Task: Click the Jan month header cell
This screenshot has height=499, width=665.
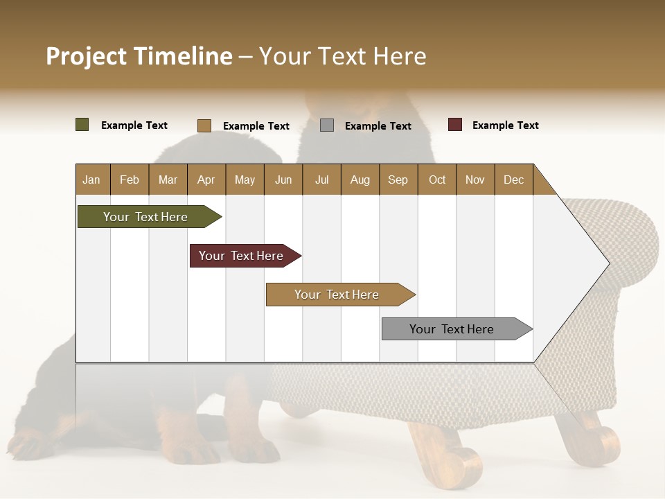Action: pos(92,180)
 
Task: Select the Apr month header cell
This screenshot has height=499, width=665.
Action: pos(206,180)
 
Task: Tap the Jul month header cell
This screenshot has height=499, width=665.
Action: pos(321,180)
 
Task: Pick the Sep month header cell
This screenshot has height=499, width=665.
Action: pos(398,180)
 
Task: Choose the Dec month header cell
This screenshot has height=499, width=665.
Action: pos(513,180)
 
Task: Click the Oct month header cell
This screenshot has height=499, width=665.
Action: pos(436,180)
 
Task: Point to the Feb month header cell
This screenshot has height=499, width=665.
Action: pos(130,180)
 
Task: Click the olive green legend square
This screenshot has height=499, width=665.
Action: pos(82,125)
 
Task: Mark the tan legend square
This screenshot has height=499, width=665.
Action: pos(204,125)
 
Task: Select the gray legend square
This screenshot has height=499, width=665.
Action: pos(327,125)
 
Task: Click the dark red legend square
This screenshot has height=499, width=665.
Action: pos(455,125)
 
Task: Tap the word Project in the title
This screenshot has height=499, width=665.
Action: pos(87,56)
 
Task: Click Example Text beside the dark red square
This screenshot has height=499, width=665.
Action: pos(505,125)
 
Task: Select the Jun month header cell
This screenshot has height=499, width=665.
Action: pos(283,180)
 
